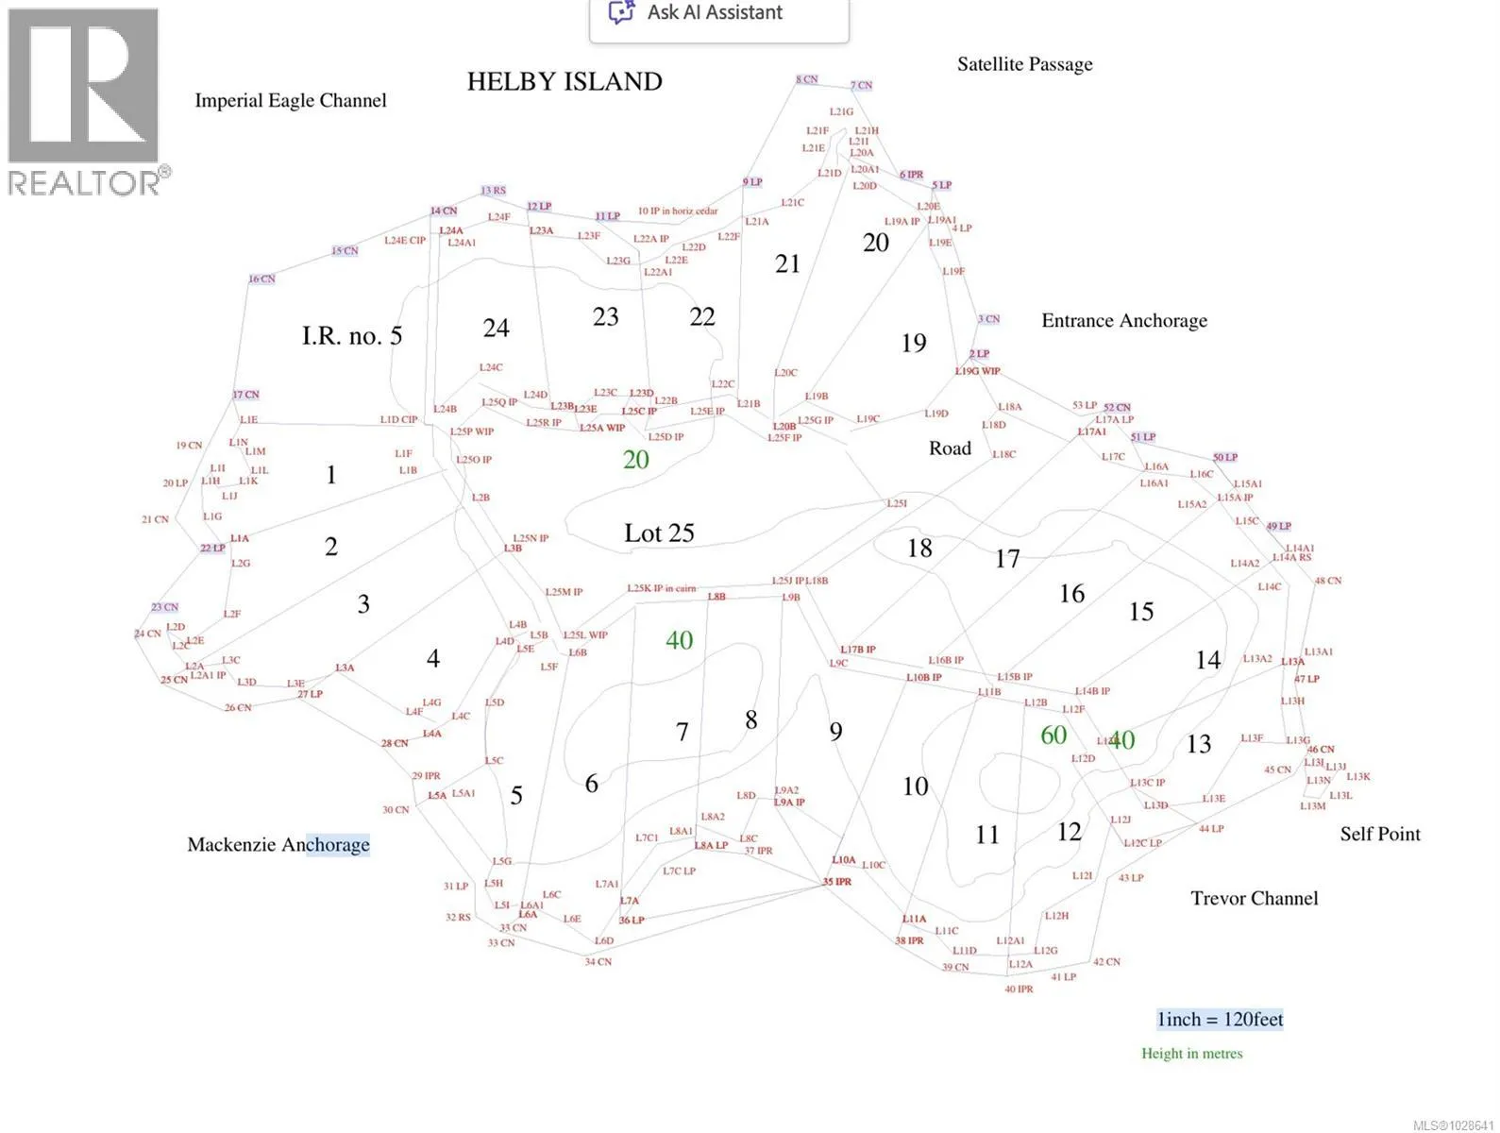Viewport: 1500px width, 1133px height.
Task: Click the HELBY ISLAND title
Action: click(x=565, y=82)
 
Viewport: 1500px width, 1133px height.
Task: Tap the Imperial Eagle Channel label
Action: click(x=291, y=101)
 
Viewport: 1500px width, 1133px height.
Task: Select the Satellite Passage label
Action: click(x=1024, y=64)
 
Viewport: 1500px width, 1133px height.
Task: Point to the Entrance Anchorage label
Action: click(x=1123, y=321)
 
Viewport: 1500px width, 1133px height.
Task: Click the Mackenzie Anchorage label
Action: click(x=278, y=845)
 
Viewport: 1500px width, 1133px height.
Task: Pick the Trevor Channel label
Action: click(x=1254, y=899)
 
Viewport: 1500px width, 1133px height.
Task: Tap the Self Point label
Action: click(x=1379, y=835)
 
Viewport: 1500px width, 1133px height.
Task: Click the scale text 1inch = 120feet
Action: click(x=1220, y=1020)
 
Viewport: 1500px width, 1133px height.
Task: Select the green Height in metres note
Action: click(x=1191, y=1054)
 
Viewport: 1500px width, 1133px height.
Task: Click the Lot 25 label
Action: click(x=659, y=533)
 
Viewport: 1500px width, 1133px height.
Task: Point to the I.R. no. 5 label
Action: click(x=352, y=336)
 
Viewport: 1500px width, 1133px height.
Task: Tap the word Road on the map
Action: click(x=950, y=448)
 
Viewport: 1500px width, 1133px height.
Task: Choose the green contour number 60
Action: click(x=1053, y=736)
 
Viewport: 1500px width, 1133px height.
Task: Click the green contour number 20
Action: click(x=635, y=460)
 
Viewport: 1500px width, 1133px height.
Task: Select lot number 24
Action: click(x=496, y=329)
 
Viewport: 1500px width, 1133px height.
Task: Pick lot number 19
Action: click(x=913, y=344)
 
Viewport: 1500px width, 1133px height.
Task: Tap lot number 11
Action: click(x=986, y=836)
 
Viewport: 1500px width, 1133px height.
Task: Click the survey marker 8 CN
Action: click(x=806, y=80)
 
